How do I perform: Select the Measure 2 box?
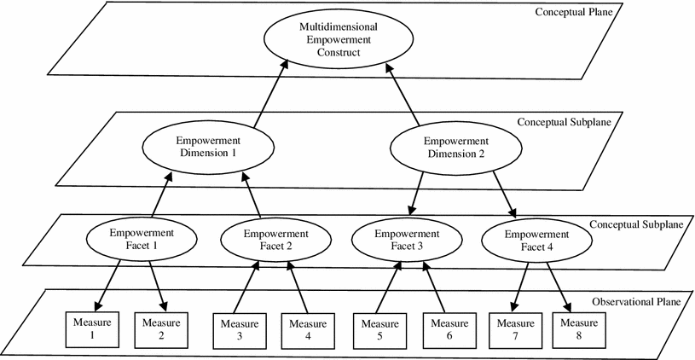click(161, 328)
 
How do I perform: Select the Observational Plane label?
click(637, 304)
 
